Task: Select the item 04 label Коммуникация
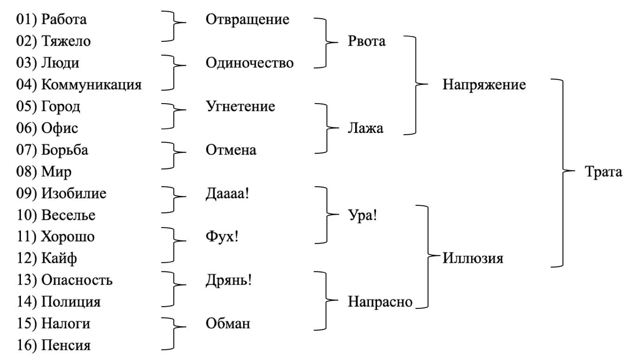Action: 91,85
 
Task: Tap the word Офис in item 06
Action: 59,128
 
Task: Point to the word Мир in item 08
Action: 56,172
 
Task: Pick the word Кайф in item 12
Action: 59,258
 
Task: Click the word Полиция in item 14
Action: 71,302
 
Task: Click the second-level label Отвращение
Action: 247,20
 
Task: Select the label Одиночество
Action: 250,63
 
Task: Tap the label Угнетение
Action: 240,106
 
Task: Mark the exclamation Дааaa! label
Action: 228,194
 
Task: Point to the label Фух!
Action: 222,237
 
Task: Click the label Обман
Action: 228,324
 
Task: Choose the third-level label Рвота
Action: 367,41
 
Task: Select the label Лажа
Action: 366,128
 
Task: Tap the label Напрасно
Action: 380,302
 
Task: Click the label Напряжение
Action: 484,85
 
